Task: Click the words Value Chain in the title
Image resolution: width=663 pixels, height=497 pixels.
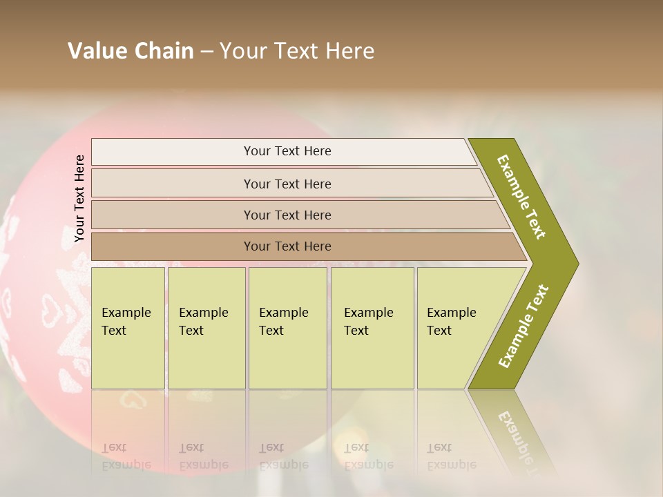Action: coord(131,51)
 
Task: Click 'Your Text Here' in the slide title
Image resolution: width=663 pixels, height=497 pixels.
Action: coord(297,51)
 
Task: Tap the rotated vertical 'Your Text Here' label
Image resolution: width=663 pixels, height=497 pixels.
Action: coord(79,198)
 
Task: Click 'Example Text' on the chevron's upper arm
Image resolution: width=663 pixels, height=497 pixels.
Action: coord(521,196)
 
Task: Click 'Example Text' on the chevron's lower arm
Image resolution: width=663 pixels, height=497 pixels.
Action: coord(523,327)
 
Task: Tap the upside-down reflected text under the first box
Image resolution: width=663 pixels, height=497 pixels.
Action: coord(126,456)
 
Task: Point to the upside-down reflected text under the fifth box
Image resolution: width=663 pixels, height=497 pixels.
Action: coord(451,456)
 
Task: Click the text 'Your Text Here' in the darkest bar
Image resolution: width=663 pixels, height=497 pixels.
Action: coord(287,246)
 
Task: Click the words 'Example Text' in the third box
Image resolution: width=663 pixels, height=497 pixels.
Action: coord(283,321)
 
